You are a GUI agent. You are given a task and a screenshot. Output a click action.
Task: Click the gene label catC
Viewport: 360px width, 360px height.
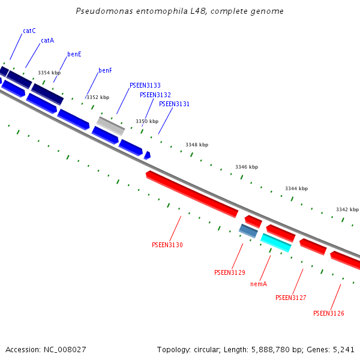point(29,31)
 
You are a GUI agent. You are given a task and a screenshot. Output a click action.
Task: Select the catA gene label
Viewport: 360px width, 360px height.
point(47,41)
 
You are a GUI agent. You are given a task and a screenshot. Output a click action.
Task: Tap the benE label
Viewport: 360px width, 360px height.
point(74,54)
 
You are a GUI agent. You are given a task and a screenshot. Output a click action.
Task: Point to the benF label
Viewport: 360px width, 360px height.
point(105,71)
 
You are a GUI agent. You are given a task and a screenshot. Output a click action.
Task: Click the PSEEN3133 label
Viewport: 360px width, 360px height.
point(145,86)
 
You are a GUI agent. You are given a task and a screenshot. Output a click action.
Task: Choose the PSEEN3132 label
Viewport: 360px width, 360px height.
point(155,95)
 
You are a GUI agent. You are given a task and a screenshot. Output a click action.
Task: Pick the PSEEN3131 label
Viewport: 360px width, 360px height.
point(174,104)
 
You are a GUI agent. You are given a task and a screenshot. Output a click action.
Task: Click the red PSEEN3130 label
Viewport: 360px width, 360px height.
point(167,245)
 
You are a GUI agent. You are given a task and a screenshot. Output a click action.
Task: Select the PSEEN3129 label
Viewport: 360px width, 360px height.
point(229,272)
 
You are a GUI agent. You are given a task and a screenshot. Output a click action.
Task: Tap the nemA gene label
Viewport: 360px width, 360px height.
point(259,284)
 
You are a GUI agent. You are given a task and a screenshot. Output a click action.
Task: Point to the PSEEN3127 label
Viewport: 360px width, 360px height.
point(290,298)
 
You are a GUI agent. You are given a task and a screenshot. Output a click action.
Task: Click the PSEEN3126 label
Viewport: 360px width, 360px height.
point(328,313)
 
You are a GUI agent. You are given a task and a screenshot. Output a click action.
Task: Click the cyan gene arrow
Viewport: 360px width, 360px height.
point(276,242)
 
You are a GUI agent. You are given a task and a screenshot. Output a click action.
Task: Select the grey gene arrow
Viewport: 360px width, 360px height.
point(110,126)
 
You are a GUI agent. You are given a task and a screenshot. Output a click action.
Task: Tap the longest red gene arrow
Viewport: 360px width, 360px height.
point(192,194)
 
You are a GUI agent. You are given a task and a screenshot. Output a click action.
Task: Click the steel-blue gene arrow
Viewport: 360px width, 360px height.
point(248,230)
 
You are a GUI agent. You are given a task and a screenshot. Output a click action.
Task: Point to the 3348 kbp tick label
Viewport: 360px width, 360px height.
point(196,145)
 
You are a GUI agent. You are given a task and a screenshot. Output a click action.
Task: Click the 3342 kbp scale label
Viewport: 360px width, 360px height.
point(347,209)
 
